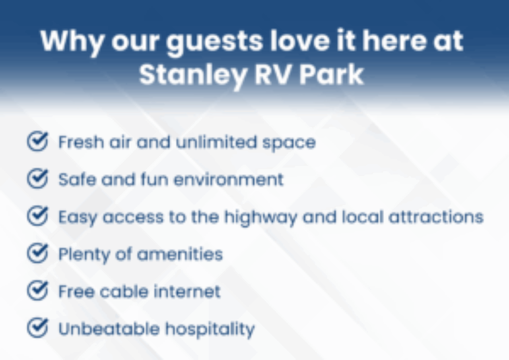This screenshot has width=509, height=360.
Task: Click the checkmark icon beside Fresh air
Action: [x=37, y=142]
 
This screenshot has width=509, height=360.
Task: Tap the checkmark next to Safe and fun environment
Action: [x=37, y=179]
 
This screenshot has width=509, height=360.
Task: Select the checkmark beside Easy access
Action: [x=37, y=217]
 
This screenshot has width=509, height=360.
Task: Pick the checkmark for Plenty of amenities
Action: [x=37, y=254]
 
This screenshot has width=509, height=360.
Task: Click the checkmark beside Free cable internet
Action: [x=37, y=291]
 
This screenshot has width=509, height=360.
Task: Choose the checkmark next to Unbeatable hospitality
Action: [x=37, y=329]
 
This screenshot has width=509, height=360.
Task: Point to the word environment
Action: [x=229, y=180]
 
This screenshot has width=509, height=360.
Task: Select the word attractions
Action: [x=435, y=217]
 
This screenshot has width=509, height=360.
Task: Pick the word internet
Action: [x=187, y=292]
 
